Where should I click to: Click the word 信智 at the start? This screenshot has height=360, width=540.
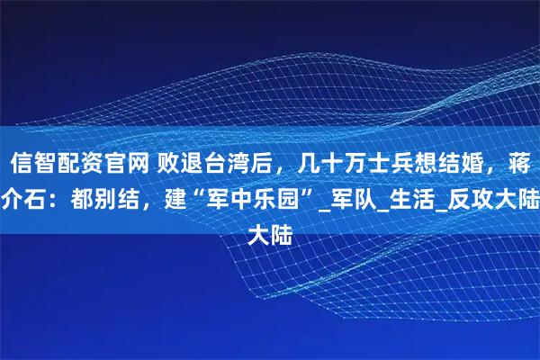[31, 164]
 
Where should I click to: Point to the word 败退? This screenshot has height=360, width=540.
[180, 164]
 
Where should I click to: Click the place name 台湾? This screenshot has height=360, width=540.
[225, 164]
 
